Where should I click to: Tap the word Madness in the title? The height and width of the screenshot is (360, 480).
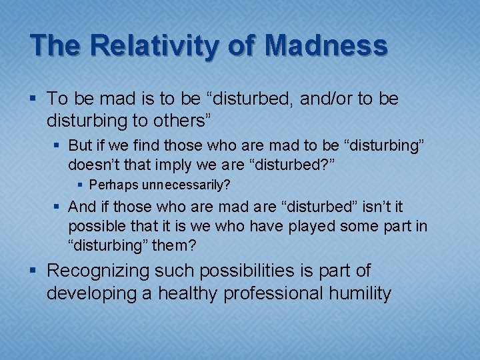[325, 46]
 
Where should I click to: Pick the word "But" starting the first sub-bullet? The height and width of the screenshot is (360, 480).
[80, 146]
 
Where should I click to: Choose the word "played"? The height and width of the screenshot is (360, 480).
[313, 226]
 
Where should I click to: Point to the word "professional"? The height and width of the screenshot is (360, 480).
[282, 293]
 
